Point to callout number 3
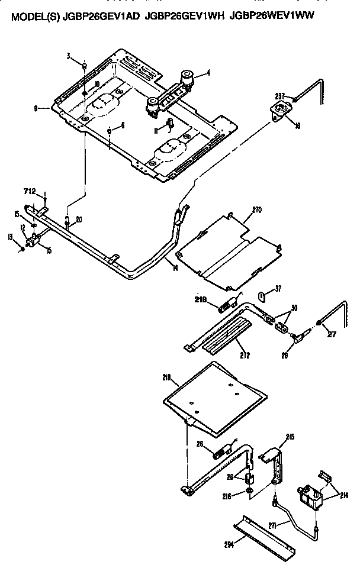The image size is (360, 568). point(69,56)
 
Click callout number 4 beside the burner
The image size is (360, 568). point(208,74)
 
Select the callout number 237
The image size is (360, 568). point(279,96)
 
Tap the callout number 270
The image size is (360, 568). point(256,210)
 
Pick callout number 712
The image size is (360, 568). point(30,191)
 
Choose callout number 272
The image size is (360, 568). point(244,356)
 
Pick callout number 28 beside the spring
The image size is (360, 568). point(200,445)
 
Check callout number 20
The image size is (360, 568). point(79,219)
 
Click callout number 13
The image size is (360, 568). point(9,237)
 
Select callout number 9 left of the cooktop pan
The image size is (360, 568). point(36,108)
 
